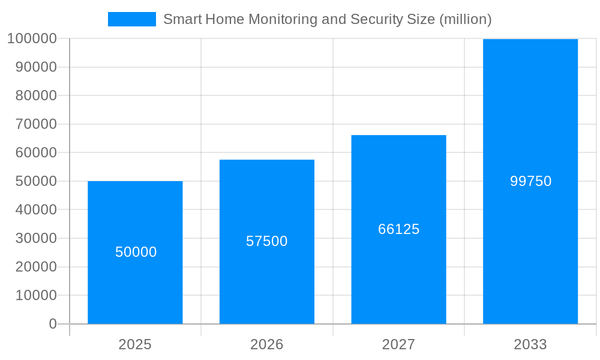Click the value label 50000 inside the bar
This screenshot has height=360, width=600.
pos(136,252)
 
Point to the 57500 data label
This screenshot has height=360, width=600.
pos(267,241)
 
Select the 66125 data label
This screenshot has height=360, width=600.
pos(398,229)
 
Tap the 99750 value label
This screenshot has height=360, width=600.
pos(530,181)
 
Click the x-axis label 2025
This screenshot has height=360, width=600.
pos(135,344)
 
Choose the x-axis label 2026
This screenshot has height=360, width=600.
pos(267,344)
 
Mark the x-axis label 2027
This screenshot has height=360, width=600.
pos(398,344)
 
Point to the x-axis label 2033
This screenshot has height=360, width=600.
pos(530,344)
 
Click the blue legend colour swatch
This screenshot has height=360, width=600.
pos(131,19)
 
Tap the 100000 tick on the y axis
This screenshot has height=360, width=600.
pos(32,39)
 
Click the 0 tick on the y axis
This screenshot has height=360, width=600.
pos(53,324)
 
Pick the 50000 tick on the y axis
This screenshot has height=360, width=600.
pos(35,181)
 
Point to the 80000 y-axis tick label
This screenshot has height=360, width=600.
pos(35,96)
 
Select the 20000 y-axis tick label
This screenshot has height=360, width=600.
pos(35,267)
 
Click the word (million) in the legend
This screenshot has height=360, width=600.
pos(466,19)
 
